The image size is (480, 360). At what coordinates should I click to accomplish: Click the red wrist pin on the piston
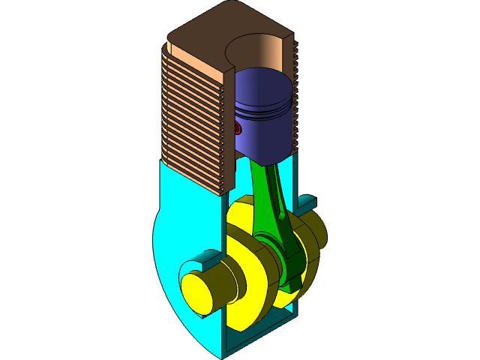[x=238, y=127]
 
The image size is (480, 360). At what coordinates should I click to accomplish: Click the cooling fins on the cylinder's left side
[x=191, y=120]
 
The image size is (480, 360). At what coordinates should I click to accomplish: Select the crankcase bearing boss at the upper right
[x=307, y=201]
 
